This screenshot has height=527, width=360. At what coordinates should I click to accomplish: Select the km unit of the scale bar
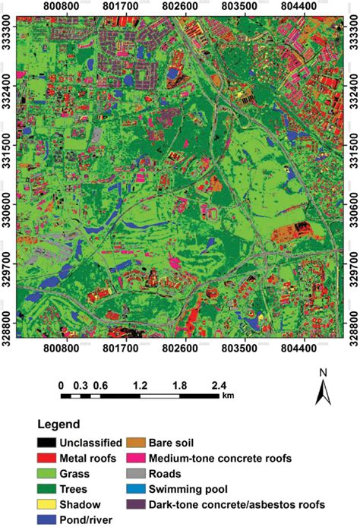click(x=229, y=396)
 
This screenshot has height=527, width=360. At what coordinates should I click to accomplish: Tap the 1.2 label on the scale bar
click(x=141, y=384)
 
